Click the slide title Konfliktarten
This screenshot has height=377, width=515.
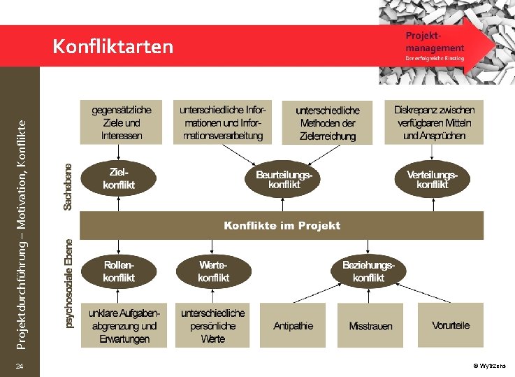click(x=113, y=47)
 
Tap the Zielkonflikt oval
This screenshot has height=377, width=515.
click(x=118, y=178)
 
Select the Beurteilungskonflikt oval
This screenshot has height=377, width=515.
click(x=283, y=179)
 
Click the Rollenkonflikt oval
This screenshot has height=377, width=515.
click(x=118, y=271)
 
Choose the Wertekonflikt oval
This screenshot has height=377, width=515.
click(x=213, y=271)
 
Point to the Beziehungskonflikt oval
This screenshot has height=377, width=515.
click(x=368, y=271)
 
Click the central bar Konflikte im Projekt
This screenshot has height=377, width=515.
click(x=282, y=225)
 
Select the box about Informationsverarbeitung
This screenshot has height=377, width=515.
click(x=222, y=122)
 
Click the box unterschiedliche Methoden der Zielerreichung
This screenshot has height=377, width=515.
click(x=328, y=123)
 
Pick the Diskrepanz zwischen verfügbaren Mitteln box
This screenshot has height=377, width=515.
click(x=433, y=122)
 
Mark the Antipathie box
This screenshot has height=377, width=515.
click(x=293, y=325)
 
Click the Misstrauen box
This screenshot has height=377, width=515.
click(x=370, y=326)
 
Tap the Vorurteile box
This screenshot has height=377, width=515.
click(x=451, y=325)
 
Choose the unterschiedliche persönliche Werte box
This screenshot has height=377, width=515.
click(x=212, y=325)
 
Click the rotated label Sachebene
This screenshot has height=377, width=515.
click(x=68, y=187)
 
